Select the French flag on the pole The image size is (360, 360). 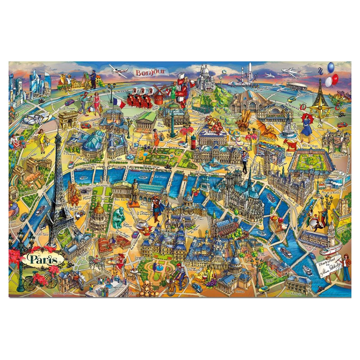[x=119, y=104]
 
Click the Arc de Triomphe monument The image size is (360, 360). [x=68, y=120]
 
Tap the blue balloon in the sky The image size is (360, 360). [x=330, y=67]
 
